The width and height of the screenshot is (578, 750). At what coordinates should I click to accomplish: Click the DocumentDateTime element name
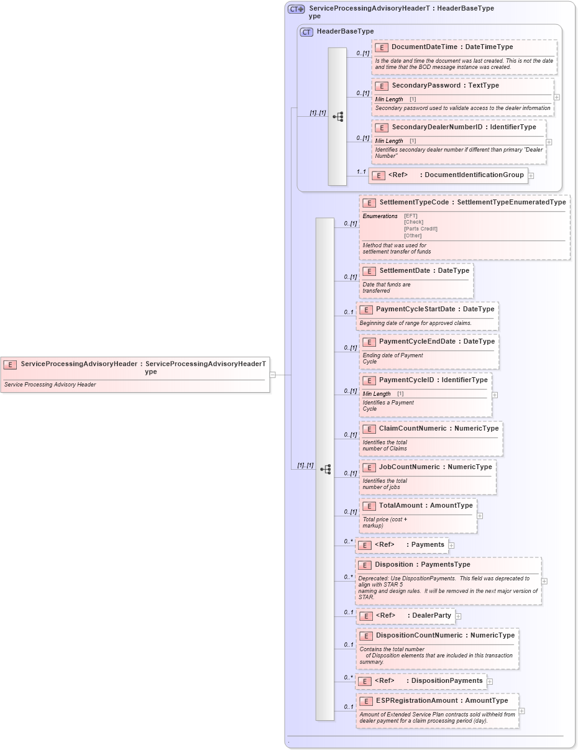tap(424, 47)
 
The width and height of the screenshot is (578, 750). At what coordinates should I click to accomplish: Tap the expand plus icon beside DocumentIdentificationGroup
tap(531, 176)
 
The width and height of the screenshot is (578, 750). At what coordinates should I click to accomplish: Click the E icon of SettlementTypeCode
tap(369, 203)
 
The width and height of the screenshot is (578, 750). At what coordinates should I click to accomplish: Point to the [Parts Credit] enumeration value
tap(421, 229)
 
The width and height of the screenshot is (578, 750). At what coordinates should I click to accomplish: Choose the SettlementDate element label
tap(404, 270)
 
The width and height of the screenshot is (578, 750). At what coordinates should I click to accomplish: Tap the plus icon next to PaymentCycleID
tap(495, 395)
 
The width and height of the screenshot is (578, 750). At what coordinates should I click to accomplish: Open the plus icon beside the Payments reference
tap(452, 546)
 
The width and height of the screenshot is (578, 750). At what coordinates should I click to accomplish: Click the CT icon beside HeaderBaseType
tap(306, 32)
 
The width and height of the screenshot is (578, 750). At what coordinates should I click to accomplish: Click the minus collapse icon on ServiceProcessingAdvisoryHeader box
tap(272, 375)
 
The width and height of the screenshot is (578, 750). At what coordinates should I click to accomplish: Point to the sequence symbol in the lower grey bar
tap(325, 469)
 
